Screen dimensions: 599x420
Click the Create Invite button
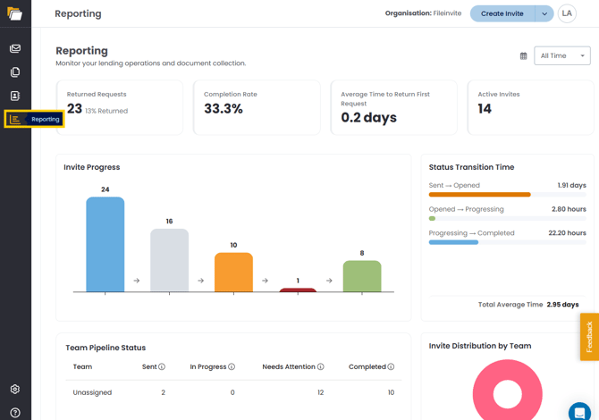click(502, 13)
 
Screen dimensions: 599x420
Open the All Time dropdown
click(562, 55)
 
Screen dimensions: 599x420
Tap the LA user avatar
click(567, 13)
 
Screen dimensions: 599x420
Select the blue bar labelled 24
click(105, 244)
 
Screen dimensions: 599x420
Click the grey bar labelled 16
click(169, 260)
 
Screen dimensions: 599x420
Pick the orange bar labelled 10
click(233, 273)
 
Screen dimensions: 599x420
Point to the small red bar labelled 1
click(298, 290)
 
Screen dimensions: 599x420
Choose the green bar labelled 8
click(362, 276)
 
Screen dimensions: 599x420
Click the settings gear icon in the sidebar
click(15, 389)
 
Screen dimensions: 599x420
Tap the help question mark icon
click(15, 413)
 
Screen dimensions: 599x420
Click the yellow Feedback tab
click(589, 337)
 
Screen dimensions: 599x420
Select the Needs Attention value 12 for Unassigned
click(321, 392)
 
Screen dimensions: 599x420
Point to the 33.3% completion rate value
click(224, 109)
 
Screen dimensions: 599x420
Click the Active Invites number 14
click(485, 109)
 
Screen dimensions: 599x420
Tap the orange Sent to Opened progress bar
click(479, 195)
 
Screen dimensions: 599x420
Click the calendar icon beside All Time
click(523, 56)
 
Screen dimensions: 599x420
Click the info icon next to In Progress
click(232, 366)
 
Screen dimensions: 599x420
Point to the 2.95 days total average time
click(562, 305)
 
